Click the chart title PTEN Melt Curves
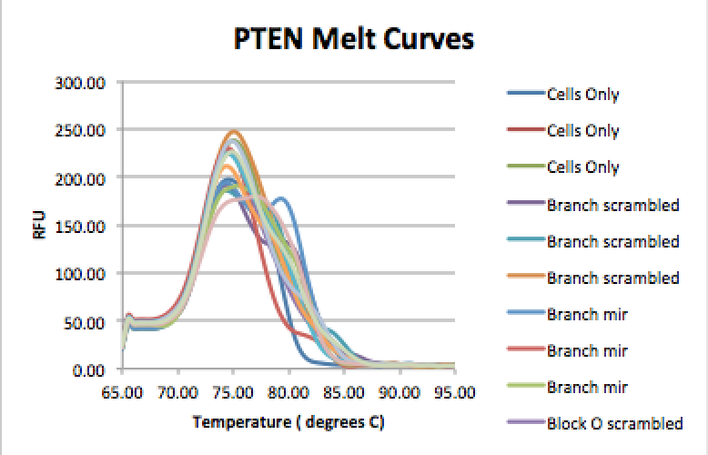tap(352, 41)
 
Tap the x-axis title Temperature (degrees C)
tap(288, 423)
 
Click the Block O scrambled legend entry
tap(614, 423)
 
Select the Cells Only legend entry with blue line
tap(582, 94)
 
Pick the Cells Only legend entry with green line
tap(582, 167)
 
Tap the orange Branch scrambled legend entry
tap(613, 278)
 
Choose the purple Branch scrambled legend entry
tap(613, 205)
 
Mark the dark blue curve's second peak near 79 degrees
tap(281, 198)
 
